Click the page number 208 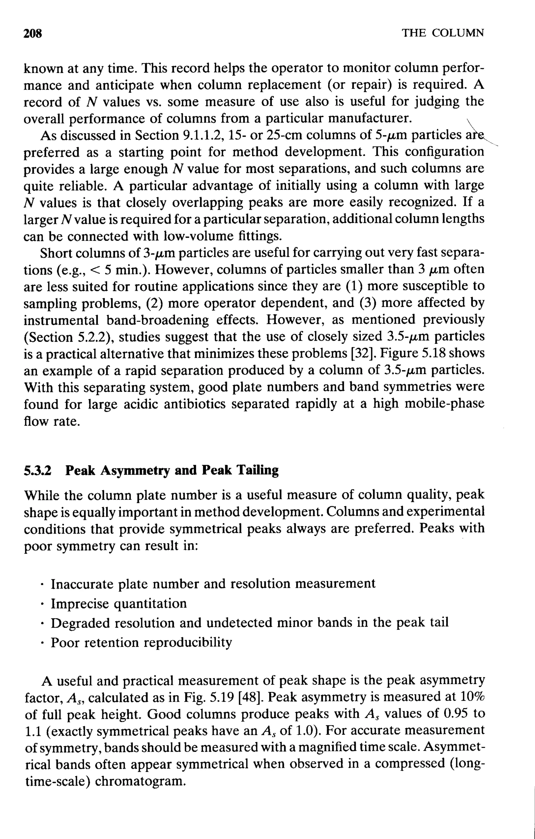(x=32, y=33)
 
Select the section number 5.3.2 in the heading (x=37, y=470)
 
